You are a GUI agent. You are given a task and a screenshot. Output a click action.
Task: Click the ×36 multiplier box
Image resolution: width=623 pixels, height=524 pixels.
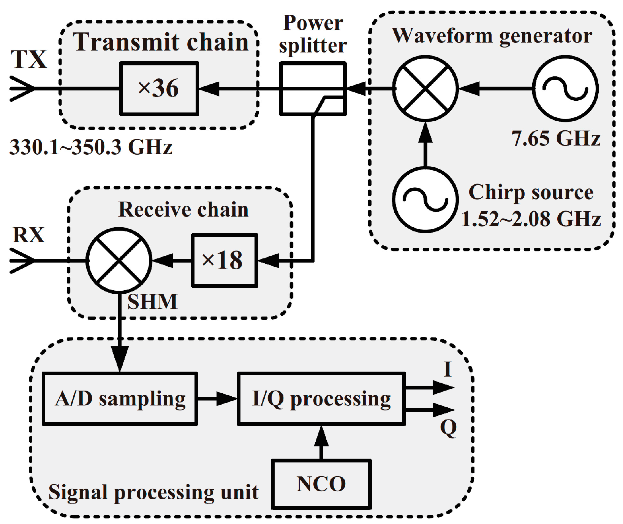[159, 89]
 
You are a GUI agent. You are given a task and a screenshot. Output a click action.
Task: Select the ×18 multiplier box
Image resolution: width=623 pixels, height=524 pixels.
[224, 260]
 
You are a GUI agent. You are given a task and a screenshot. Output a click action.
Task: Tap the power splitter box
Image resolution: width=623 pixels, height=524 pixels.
[313, 89]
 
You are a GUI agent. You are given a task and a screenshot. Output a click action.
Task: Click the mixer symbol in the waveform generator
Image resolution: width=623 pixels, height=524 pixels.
[425, 89]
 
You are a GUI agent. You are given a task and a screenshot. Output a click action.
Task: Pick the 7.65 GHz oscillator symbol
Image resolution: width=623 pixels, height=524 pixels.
[565, 89]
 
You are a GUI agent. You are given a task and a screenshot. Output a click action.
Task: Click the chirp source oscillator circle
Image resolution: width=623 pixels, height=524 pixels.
[425, 199]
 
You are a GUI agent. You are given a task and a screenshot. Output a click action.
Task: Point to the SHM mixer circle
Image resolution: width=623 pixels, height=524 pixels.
[119, 260]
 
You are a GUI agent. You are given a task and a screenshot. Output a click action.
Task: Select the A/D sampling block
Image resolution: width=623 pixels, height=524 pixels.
[120, 399]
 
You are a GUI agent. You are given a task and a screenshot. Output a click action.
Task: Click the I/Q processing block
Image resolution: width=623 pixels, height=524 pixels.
[321, 399]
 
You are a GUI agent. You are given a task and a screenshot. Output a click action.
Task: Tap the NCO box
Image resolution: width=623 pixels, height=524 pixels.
[321, 484]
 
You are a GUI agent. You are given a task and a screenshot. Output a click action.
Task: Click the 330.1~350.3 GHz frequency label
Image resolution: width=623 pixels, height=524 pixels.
[91, 147]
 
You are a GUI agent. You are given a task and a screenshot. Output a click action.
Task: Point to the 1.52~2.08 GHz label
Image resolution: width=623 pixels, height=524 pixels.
[531, 219]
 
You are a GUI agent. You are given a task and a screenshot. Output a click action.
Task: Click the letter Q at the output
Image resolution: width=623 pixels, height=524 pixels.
[448, 428]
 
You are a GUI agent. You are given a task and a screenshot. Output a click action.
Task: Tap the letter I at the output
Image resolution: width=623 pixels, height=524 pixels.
[448, 369]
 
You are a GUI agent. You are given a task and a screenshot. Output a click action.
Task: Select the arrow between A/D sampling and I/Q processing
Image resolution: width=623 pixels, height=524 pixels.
[224, 399]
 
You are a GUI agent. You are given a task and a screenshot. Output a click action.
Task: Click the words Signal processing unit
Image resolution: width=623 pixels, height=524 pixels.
[153, 492]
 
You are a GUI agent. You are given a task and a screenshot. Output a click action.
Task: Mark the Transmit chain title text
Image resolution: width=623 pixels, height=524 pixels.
[161, 42]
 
